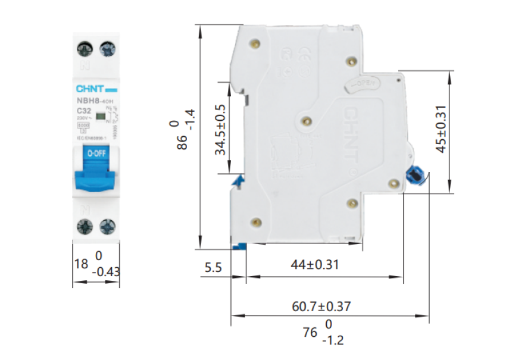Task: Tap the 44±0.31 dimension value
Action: [x=315, y=264]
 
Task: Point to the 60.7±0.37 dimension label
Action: [x=321, y=306]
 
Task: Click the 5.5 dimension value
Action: [x=213, y=268]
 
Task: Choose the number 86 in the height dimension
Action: [x=183, y=143]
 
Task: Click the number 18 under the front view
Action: [x=81, y=263]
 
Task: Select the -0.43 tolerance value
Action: [x=107, y=271]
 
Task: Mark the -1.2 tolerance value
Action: [x=333, y=342]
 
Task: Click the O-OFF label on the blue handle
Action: [x=96, y=153]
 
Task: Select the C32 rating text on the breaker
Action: [x=84, y=111]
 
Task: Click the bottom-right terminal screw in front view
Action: [x=108, y=226]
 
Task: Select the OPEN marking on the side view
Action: [x=361, y=84]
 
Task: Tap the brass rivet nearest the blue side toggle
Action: [x=392, y=184]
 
